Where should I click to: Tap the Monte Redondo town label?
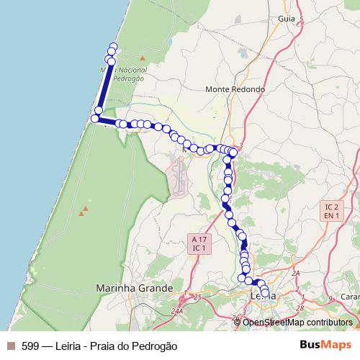coord(235,89)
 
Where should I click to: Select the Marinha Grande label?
coord(135,287)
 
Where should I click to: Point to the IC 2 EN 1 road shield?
coord(332,210)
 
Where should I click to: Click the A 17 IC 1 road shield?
coord(199,243)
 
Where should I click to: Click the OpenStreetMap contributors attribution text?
coord(297,322)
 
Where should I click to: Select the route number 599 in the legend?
coord(30,346)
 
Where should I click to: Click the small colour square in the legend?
coord(10,346)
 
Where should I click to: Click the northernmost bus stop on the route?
coord(113,48)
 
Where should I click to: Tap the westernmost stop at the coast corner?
coord(94,118)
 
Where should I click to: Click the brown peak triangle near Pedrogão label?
coord(143,58)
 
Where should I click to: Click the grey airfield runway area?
coord(177,177)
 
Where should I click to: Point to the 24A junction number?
coord(178,311)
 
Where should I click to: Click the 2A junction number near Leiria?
coord(295,274)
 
